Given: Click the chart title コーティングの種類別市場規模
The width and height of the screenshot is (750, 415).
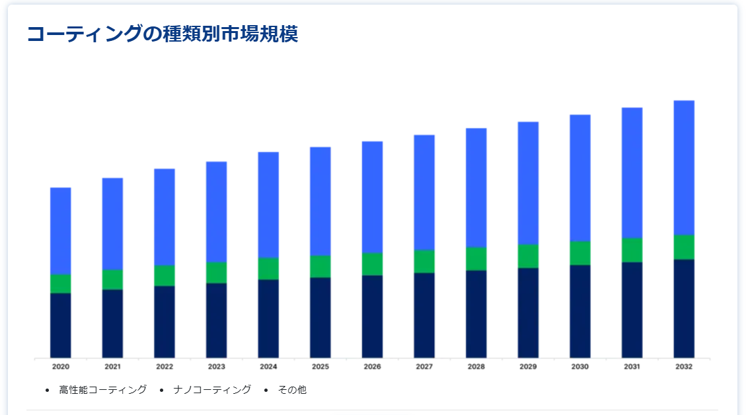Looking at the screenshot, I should point(162,34).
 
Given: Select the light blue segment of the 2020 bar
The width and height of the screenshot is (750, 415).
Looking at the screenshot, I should point(61,231).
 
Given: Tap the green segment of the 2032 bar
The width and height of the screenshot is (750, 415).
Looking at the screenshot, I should point(684,247).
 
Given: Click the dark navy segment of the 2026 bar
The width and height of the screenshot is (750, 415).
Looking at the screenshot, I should point(372,317).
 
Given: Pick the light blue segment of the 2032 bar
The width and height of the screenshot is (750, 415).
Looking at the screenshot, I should point(684,168).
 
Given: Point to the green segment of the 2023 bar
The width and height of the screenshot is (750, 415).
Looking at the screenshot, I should point(217,272).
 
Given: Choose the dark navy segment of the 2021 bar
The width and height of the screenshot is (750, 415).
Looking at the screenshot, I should point(112,324).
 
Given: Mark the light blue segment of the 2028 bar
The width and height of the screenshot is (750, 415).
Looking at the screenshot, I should point(476,188).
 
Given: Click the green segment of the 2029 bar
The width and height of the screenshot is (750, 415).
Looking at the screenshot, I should point(528,256).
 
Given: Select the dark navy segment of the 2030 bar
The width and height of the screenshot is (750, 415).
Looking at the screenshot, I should point(580,311).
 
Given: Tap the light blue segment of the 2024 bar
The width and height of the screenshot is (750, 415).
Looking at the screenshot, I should point(268,205).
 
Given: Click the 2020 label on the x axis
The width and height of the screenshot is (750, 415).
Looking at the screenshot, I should point(61,367).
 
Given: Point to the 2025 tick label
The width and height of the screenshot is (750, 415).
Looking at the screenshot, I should point(320,367).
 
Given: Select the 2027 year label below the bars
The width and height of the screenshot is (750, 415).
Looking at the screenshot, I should point(424,367).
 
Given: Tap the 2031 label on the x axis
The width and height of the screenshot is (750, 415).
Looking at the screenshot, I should point(632,367).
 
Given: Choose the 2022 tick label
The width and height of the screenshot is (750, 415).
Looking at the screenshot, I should point(165,367).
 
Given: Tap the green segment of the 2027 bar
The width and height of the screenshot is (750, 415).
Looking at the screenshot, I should point(424,261).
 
